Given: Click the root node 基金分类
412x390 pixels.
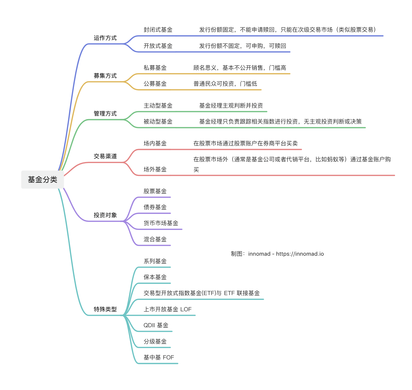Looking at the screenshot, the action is pos(42,180).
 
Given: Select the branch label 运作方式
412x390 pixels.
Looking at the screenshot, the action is pos(105,38).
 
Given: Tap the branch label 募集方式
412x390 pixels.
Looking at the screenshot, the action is pos(105,76).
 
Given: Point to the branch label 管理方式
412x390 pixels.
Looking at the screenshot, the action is pos(105,114).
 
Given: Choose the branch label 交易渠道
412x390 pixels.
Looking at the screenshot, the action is pos(105,156).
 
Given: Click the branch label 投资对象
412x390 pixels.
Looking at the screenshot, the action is pos(105,215).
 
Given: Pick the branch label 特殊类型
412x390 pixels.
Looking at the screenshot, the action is pos(105,309).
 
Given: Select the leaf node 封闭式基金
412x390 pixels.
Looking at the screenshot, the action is pos(158,30).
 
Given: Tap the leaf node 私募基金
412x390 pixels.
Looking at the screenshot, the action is pos(155,68).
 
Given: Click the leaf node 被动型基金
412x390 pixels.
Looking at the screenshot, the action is pos(158,122).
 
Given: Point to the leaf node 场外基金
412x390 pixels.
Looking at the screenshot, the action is pos(155,170).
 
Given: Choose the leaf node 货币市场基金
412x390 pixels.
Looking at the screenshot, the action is pos(161,223).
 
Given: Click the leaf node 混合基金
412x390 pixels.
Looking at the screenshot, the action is pos(155,240).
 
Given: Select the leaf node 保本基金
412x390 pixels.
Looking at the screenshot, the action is pos(155,277).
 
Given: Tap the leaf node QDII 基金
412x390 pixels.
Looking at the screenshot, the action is pos(156,325).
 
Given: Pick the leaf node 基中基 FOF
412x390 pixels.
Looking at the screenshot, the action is pos(159,358).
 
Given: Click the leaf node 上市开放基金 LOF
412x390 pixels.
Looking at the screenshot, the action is pos(167,309).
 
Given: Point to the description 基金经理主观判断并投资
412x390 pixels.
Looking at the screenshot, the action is pos(231,106).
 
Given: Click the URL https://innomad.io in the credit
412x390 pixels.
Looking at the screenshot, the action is pos(300,254).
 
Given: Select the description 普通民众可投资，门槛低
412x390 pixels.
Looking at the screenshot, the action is pos(225,84).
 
